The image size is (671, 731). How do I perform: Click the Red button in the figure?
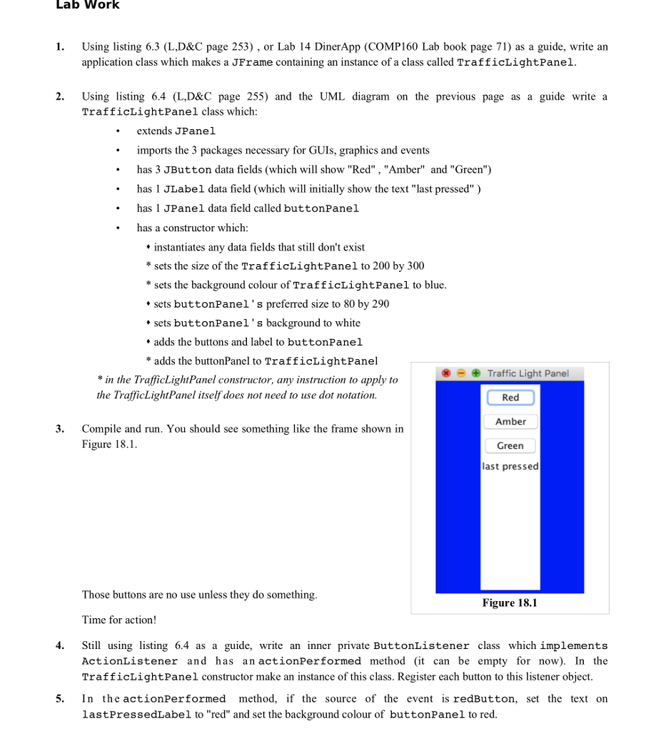(510, 398)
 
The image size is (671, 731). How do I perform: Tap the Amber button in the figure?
(510, 422)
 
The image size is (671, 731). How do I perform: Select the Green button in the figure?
(510, 446)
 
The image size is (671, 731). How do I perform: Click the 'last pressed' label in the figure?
(510, 467)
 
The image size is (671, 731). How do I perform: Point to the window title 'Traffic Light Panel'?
(528, 373)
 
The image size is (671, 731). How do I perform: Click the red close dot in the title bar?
(446, 373)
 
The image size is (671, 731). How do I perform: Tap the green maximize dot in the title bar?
(475, 373)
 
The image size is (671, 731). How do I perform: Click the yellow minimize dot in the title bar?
(460, 373)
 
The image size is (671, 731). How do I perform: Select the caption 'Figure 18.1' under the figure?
(510, 603)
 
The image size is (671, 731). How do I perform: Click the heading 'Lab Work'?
(87, 6)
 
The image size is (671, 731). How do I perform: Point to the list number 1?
(60, 47)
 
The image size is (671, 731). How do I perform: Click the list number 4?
(60, 646)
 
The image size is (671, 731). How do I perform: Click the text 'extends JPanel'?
(176, 131)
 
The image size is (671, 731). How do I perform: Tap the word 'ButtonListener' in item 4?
(421, 646)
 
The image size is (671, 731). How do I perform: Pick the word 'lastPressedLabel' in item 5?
(136, 715)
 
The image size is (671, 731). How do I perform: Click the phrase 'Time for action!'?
(118, 620)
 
